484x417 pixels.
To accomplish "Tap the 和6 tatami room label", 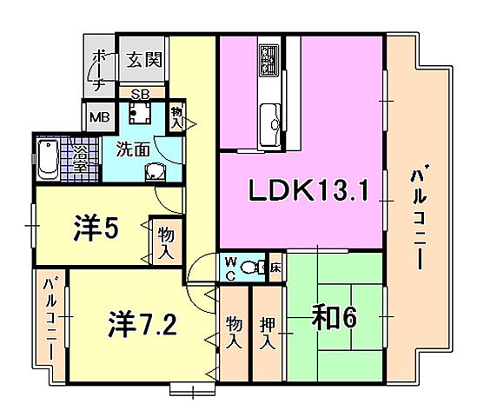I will point(334,319).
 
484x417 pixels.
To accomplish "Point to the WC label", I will point(230,268).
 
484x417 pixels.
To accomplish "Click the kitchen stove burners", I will point(267,60).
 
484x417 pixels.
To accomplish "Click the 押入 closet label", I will point(269,331).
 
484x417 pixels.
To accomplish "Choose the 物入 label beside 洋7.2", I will point(233,332).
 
